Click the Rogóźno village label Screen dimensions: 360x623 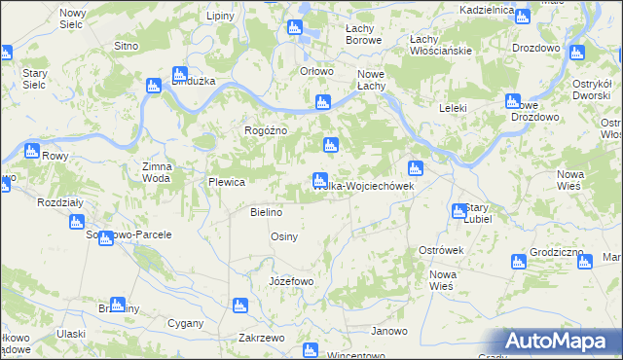(x=263, y=130)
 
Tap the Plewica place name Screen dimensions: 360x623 (x=225, y=182)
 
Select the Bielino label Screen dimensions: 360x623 (x=266, y=212)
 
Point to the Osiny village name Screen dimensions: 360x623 (x=283, y=236)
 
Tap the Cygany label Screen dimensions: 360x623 (x=185, y=322)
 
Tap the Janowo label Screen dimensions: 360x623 (x=388, y=331)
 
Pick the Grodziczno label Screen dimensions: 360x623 (x=558, y=252)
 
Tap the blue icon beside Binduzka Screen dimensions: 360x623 (x=180, y=74)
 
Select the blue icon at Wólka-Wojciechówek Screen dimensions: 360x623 (x=319, y=180)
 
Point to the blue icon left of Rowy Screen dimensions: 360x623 (x=31, y=152)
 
